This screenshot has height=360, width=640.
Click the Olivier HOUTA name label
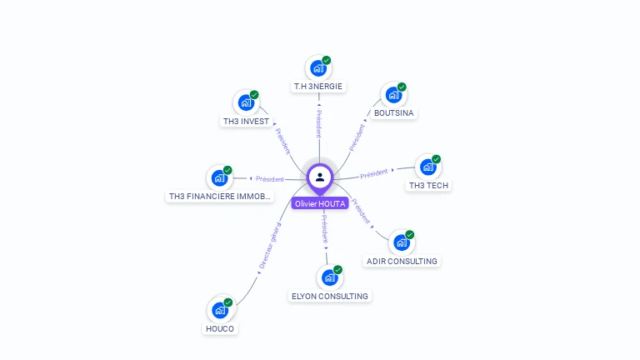pos(319,203)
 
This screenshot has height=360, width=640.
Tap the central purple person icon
pos(320,177)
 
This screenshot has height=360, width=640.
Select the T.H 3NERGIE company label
pos(318,86)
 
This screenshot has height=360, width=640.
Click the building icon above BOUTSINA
pos(392,94)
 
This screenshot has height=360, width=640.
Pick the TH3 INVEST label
pos(246,121)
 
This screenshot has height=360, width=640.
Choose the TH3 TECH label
pos(428,185)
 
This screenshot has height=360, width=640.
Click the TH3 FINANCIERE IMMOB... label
pos(220,197)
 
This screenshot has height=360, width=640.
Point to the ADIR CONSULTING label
pos(402,261)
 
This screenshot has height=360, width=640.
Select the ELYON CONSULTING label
pos(329,296)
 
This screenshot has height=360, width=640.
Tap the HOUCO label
pos(220,328)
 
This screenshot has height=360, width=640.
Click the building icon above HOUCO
pos(220,310)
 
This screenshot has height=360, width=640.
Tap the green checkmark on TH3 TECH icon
pos(436,159)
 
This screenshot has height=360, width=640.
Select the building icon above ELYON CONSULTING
pos(329,277)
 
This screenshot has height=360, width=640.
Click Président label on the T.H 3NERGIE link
pos(318,123)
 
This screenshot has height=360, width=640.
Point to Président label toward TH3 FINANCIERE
pos(270,178)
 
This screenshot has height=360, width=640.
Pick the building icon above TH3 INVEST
pos(246,102)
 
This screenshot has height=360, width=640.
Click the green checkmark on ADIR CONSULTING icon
pos(409,235)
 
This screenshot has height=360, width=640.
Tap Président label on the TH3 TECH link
pos(374,173)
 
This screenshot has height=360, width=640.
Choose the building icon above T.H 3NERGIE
pos(318,67)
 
